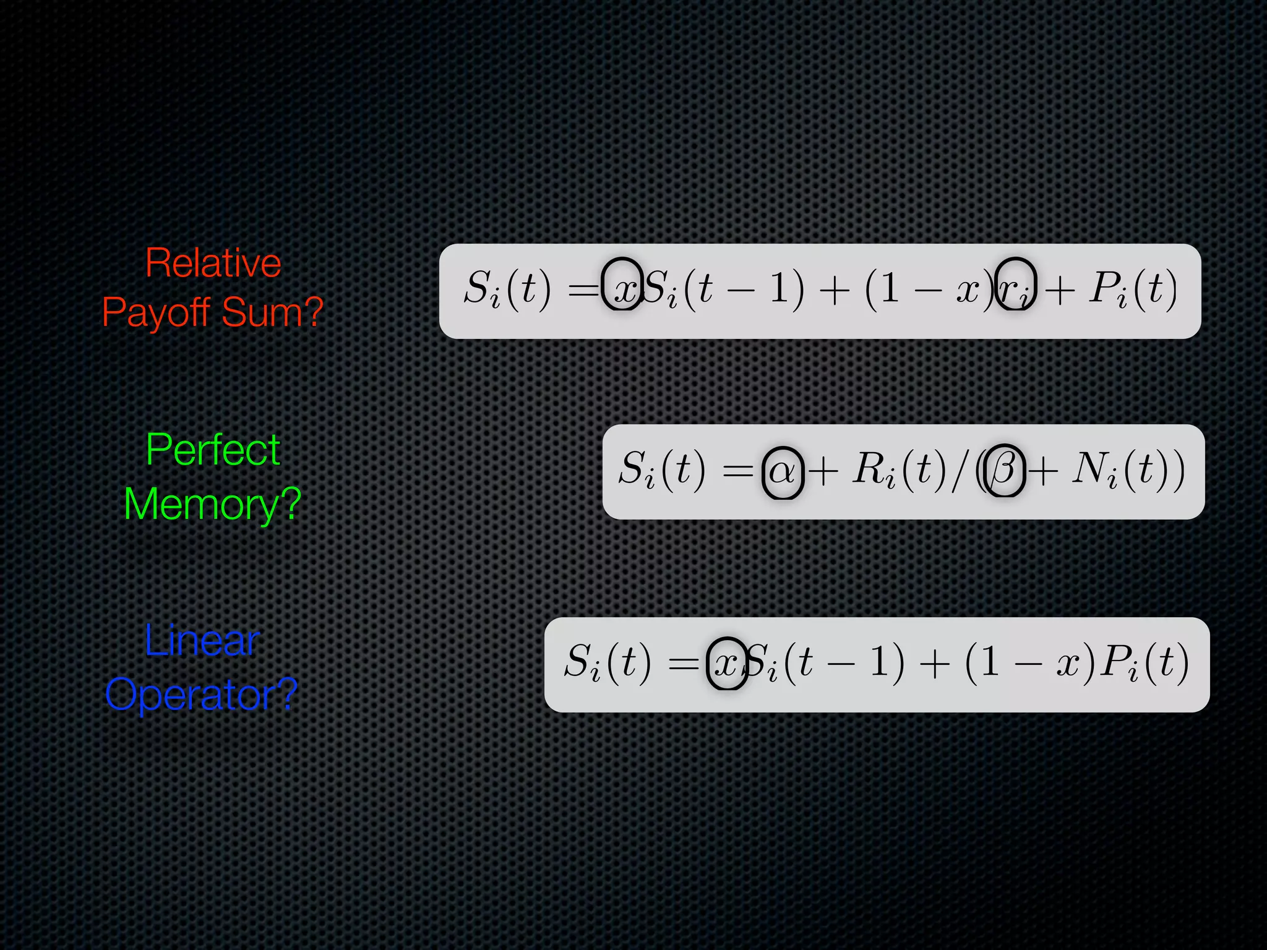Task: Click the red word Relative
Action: pos(213,263)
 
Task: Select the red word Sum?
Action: pos(273,312)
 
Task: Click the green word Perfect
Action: pos(213,450)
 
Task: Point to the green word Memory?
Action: pos(212,504)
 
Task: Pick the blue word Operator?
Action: pos(202,694)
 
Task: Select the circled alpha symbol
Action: pos(783,472)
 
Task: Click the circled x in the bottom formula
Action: pos(726,664)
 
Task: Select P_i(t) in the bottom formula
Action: pos(1145,664)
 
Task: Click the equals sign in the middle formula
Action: pos(737,472)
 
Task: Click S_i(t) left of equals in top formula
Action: pos(507,289)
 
